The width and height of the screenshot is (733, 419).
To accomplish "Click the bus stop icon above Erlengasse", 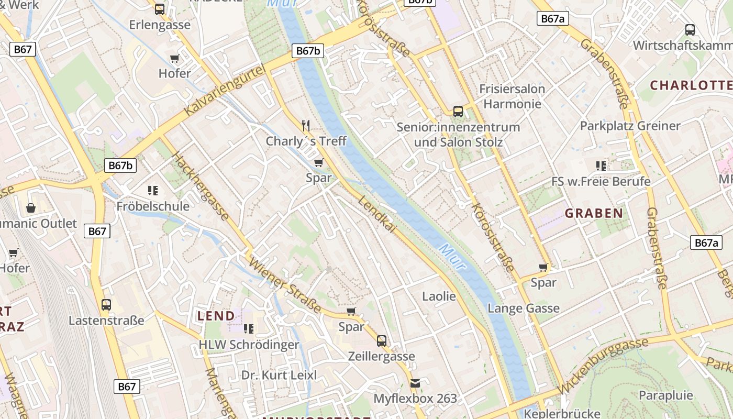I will (160, 9).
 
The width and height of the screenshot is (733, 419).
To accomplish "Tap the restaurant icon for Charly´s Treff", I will (306, 125).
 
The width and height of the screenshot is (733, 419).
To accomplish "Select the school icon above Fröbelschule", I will (153, 190).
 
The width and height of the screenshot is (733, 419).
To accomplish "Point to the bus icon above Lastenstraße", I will (106, 304).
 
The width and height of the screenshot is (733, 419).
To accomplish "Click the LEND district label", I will (216, 316).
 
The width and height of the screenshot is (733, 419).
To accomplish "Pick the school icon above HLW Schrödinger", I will (249, 328).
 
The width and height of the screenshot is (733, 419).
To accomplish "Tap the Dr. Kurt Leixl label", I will (279, 375).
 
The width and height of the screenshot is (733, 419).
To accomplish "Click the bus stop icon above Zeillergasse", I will (382, 340).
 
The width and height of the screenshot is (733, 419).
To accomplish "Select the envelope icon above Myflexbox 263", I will (415, 383).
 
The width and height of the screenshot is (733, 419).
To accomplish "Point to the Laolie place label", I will (439, 296).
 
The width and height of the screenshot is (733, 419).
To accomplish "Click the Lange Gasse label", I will (524, 308).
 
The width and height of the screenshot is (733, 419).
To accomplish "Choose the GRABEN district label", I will (594, 213).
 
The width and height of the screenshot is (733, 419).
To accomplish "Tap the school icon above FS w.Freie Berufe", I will (601, 166).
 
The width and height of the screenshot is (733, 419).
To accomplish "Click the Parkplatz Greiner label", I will (630, 126).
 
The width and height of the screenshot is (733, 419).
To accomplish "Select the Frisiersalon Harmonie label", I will (512, 96).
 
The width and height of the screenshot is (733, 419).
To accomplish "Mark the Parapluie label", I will (666, 395).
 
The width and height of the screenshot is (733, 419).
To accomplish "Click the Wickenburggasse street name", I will (604, 366).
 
